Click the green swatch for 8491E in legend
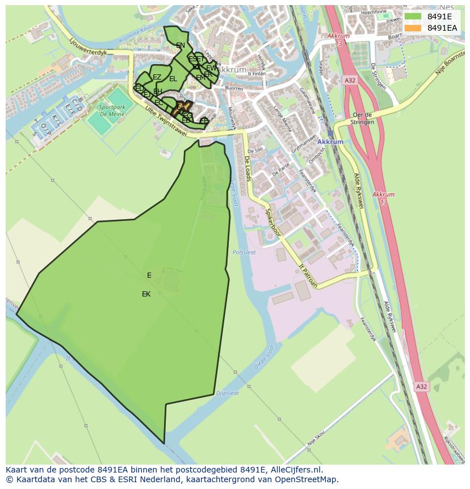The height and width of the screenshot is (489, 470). (x=413, y=16)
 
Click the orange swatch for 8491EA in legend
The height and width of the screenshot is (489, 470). (x=413, y=28)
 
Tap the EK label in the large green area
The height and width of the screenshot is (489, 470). (x=146, y=294)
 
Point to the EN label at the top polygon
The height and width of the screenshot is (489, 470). (x=180, y=45)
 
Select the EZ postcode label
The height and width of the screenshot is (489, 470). (x=157, y=77)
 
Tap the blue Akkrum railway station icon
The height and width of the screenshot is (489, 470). (x=330, y=133)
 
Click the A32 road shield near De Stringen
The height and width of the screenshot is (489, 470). (x=350, y=81)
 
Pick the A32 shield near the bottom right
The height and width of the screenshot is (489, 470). (x=421, y=387)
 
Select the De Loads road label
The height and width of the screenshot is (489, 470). (x=248, y=169)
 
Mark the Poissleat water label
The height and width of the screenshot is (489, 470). (x=244, y=252)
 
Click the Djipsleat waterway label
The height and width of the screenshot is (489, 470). (x=228, y=392)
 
